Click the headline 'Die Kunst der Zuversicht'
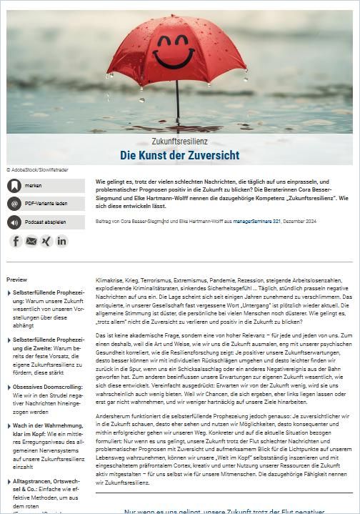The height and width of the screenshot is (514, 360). coord(179,155)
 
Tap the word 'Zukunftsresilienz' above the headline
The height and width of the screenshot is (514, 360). coord(179,142)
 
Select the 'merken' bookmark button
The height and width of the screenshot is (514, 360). coord(46,185)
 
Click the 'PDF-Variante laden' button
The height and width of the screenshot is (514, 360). coord(46,204)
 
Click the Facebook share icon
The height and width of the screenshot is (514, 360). coord(16,241)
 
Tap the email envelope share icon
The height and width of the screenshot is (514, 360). coord(31,241)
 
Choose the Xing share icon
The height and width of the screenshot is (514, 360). coord(46,241)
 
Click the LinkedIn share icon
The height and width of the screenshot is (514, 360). coord(62,241)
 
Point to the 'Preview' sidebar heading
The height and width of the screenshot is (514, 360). coord(17,280)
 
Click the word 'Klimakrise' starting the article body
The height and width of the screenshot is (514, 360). coord(109,280)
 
